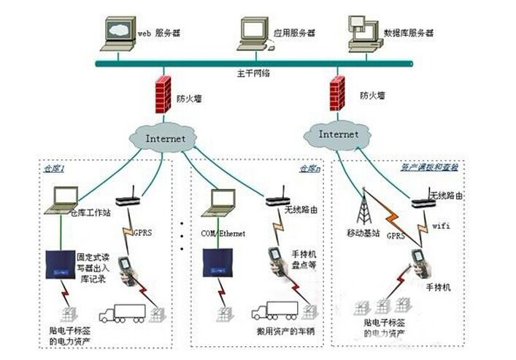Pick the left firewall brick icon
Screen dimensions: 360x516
[x=163, y=94]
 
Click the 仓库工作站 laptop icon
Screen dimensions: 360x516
[x=62, y=200]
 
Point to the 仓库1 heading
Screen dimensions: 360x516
[x=54, y=169]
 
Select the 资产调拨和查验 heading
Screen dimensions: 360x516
[x=430, y=167]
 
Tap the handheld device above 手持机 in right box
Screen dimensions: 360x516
[x=419, y=264]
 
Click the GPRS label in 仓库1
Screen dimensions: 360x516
[x=142, y=232]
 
